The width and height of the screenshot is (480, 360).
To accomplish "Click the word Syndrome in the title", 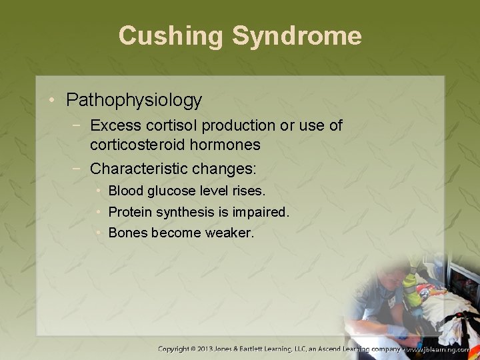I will [297, 36].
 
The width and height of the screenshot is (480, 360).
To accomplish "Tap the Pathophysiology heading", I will [134, 101].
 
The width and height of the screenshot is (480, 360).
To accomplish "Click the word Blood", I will [125, 191].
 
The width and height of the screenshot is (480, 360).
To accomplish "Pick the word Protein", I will [129, 213].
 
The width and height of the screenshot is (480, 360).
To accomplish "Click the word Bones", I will [127, 233].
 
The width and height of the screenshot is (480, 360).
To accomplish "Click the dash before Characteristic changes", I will [79, 168].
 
